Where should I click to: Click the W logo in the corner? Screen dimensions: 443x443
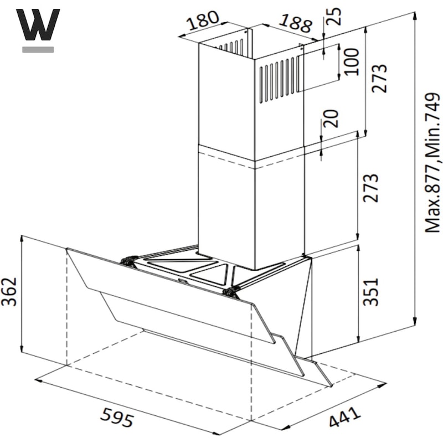(x=38, y=24)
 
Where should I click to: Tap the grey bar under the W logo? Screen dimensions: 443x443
(x=38, y=49)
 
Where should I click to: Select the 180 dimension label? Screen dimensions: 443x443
(x=203, y=20)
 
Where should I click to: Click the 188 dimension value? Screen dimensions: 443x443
(x=296, y=23)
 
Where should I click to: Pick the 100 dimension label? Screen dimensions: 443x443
(x=351, y=62)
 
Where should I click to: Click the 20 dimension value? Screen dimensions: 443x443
(x=331, y=119)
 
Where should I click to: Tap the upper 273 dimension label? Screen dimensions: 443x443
(x=379, y=78)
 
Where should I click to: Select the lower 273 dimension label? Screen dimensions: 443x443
(x=370, y=188)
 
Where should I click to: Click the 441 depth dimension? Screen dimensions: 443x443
(x=345, y=418)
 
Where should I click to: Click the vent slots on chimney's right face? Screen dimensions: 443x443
(x=279, y=80)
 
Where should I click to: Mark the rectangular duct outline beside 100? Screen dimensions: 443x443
(x=318, y=68)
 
